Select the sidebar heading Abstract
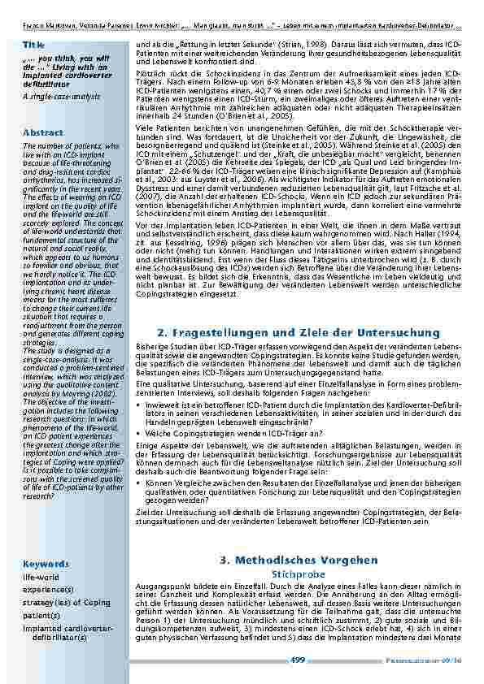43,132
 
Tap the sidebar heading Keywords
46,562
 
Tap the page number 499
298,660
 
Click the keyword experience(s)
48,589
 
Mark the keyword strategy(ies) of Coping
66,602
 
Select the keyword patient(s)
41,615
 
